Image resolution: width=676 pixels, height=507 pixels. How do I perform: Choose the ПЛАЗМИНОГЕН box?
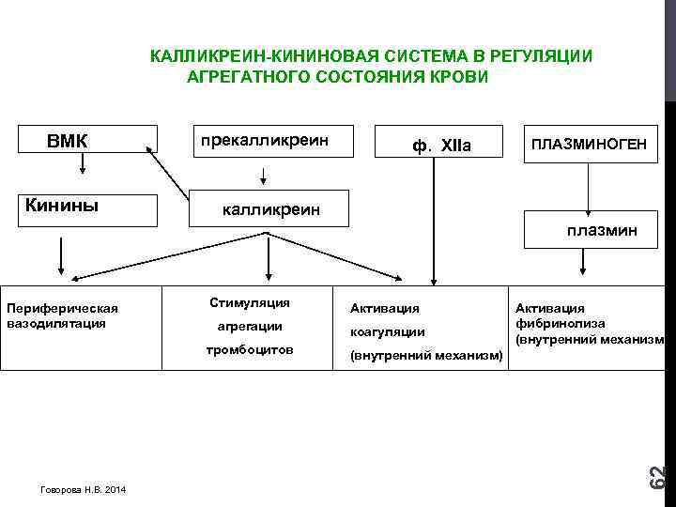pyautogui.click(x=589, y=145)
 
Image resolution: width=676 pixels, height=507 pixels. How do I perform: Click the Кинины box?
pyautogui.click(x=83, y=209)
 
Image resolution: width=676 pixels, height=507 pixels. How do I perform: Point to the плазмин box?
pyautogui.click(x=601, y=229)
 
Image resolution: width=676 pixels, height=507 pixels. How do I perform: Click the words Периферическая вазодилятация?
pyautogui.click(x=62, y=315)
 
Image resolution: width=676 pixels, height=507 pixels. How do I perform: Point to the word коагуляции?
pyautogui.click(x=387, y=331)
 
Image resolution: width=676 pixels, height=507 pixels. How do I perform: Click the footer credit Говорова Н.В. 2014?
pyautogui.click(x=84, y=490)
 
